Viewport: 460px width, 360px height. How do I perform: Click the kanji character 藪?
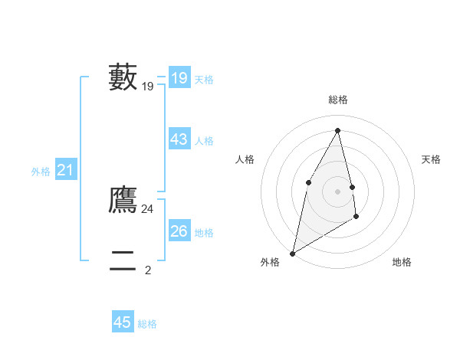[x=123, y=77]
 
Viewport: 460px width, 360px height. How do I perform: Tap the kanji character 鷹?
[x=123, y=199]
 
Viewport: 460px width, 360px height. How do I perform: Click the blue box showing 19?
[x=179, y=78]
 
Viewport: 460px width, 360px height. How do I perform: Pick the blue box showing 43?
[x=179, y=139]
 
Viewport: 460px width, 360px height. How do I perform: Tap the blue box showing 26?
[x=179, y=231]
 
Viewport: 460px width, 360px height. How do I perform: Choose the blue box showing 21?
[x=65, y=171]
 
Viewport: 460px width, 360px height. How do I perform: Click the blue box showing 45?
[x=123, y=322]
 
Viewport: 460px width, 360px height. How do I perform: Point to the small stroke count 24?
[x=148, y=208]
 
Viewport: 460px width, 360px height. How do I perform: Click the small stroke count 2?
[x=148, y=270]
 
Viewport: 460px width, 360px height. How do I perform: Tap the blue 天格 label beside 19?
[x=204, y=79]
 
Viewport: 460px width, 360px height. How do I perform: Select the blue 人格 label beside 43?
[x=204, y=141]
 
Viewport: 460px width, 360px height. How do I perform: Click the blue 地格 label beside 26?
[x=204, y=233]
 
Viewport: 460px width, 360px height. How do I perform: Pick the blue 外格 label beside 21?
[x=41, y=172]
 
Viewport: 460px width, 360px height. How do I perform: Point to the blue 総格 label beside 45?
[x=147, y=324]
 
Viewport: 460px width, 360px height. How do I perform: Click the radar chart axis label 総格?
[x=338, y=100]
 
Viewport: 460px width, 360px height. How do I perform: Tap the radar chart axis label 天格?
[x=432, y=159]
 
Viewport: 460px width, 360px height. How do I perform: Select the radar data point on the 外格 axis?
[x=292, y=253]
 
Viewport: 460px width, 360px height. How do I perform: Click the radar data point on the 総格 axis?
[x=338, y=130]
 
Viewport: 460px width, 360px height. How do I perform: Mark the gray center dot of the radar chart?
[x=338, y=191]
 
